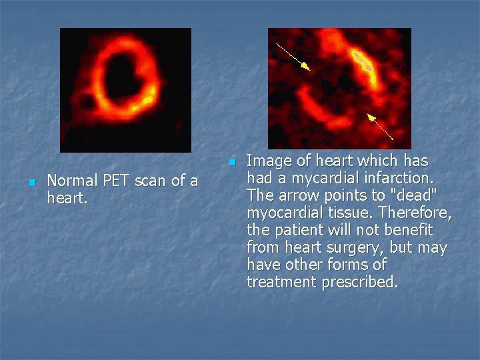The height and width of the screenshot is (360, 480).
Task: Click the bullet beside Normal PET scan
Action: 31,182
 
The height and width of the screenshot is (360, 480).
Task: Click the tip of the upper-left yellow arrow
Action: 309,68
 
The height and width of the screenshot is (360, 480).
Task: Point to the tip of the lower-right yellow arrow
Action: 369,115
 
